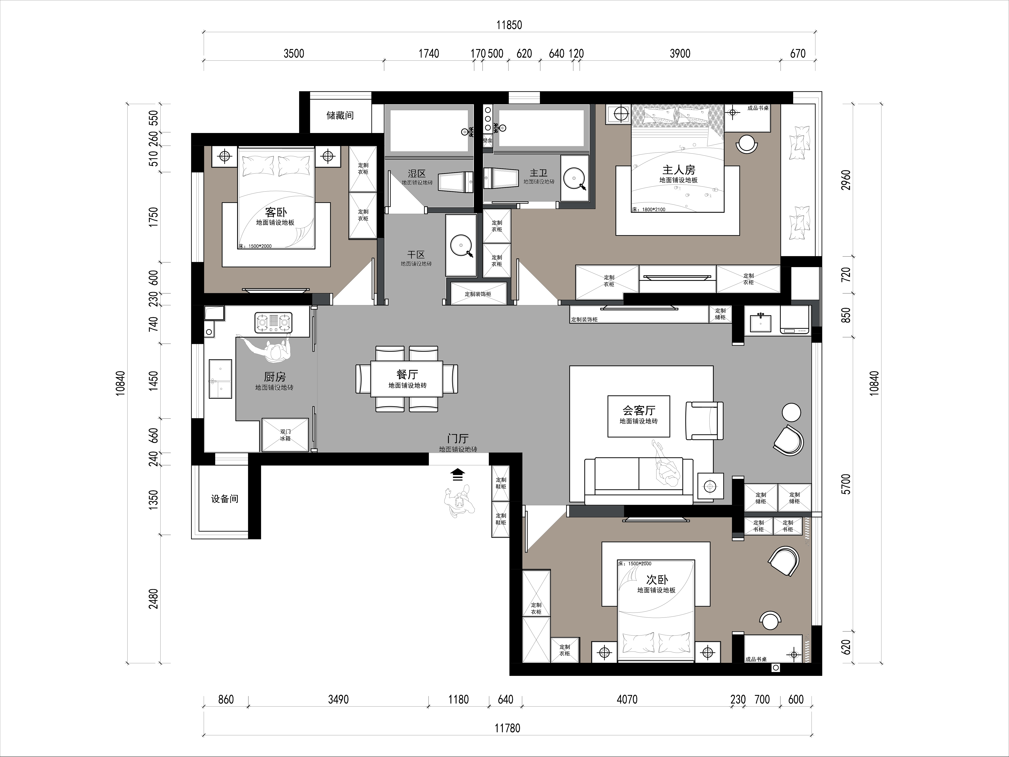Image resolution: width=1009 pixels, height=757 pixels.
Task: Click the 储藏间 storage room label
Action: (x=340, y=115)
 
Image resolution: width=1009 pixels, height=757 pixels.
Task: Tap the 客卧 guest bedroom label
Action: (x=276, y=212)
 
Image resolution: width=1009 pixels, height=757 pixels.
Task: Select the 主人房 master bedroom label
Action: (x=679, y=170)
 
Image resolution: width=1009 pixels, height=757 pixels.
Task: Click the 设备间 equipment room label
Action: (x=224, y=499)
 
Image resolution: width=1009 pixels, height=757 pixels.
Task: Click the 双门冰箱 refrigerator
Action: (x=285, y=435)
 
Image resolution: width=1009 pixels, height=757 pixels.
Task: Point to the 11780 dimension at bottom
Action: (x=507, y=728)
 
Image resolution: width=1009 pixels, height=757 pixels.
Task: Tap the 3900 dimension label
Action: (x=680, y=53)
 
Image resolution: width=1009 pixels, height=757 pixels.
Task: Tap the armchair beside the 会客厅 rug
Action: (x=704, y=420)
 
